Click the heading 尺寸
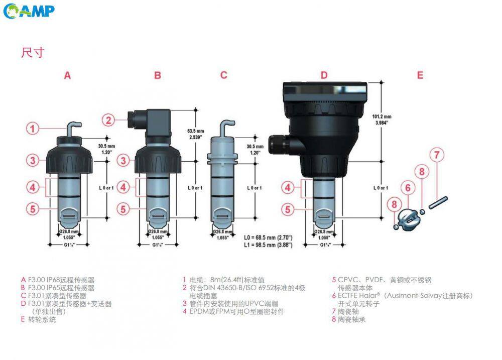pyautogui.click(x=32, y=52)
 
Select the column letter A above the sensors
pyautogui.click(x=67, y=75)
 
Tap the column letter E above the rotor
pyautogui.click(x=420, y=75)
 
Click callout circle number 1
pyautogui.click(x=33, y=129)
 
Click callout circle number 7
pyautogui.click(x=437, y=155)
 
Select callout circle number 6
pyautogui.click(x=408, y=188)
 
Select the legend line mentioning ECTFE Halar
pyautogui.click(x=402, y=296)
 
